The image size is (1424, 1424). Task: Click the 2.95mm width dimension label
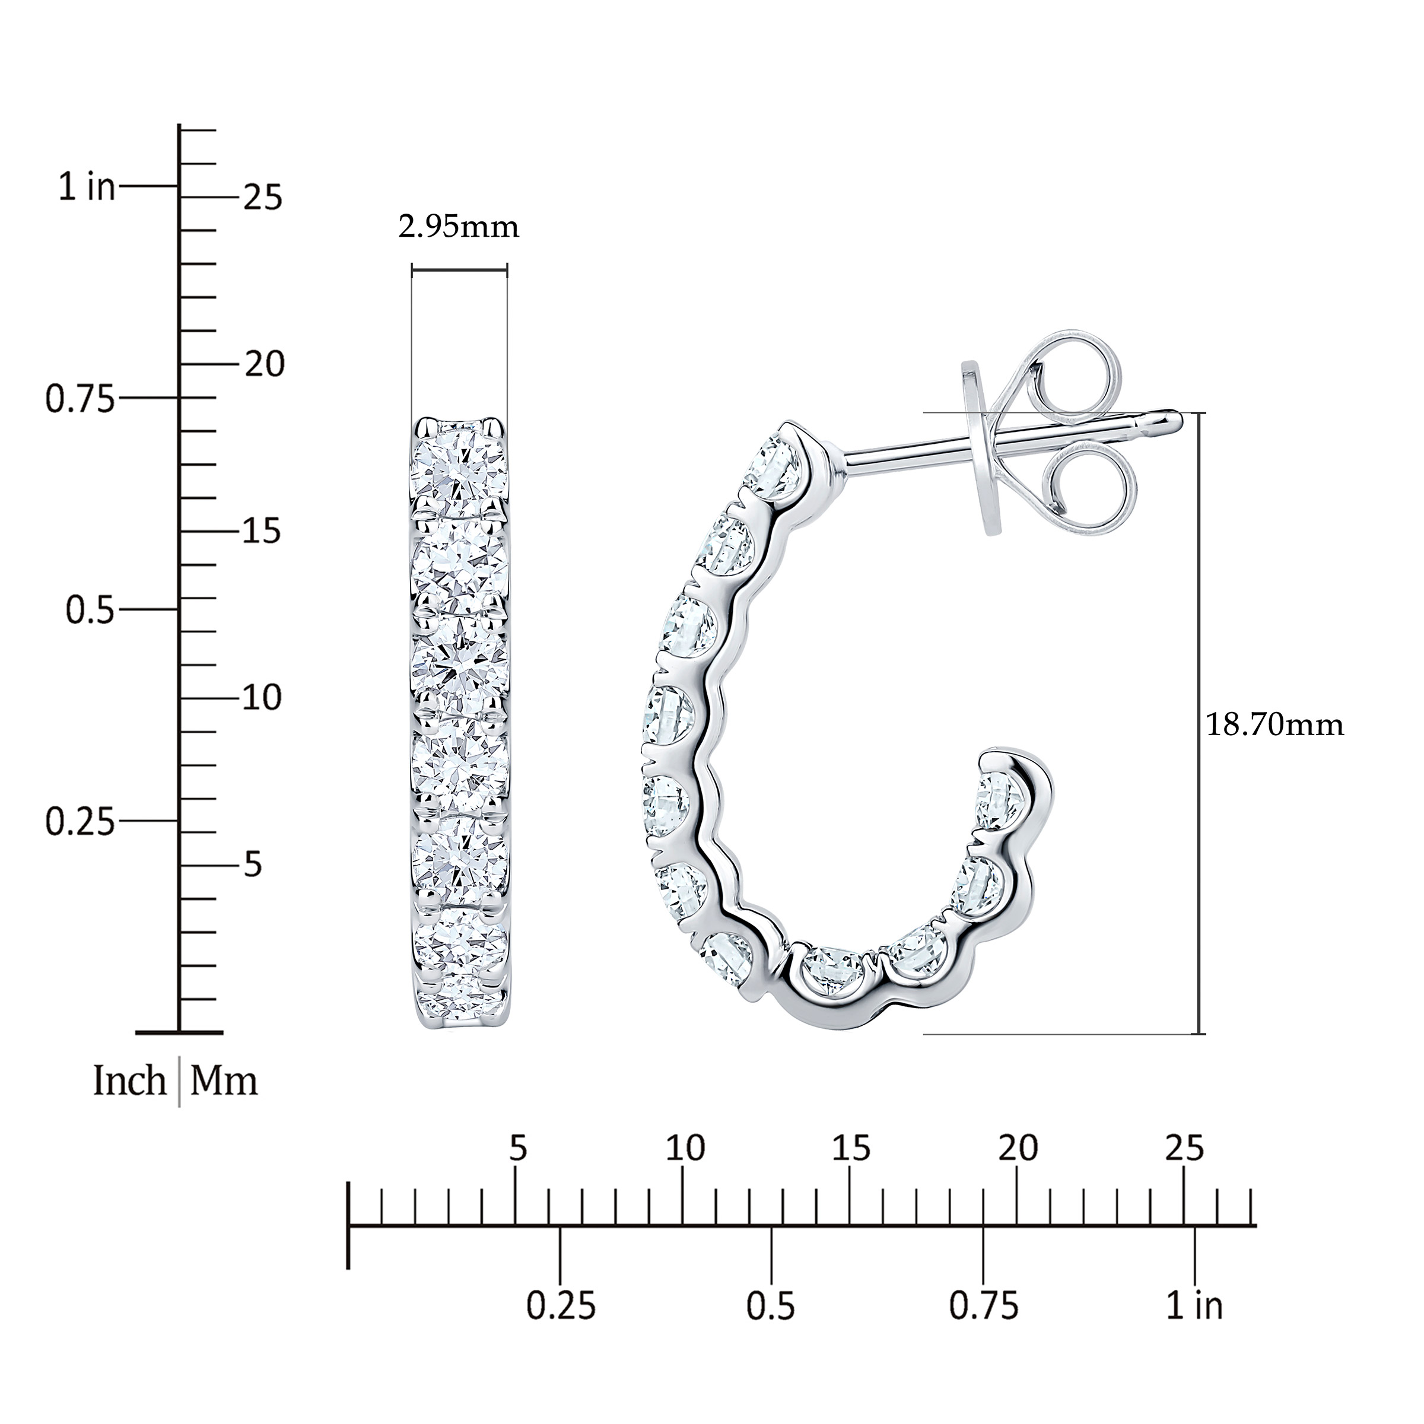coord(459,227)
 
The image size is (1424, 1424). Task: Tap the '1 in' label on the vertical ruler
coord(88,187)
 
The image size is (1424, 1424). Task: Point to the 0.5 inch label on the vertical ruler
coord(91,611)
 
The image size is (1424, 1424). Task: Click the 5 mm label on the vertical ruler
coord(253,864)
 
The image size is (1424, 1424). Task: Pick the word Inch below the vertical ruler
coord(130,1081)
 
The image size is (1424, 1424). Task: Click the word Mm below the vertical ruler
coord(224,1081)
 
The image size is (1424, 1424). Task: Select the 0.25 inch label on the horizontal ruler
coord(561,1327)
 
